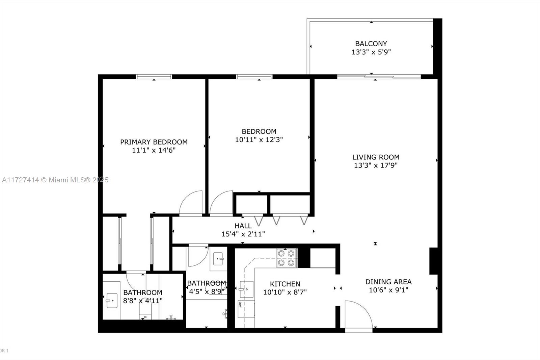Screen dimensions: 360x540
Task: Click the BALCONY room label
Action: click(x=371, y=44)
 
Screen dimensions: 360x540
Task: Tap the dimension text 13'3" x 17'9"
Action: click(x=376, y=165)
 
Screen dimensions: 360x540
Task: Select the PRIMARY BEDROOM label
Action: click(x=154, y=142)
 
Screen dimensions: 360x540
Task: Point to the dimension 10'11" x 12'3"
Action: click(x=259, y=139)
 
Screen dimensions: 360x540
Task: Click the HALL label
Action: click(x=243, y=226)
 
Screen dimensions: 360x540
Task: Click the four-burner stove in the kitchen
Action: click(x=287, y=258)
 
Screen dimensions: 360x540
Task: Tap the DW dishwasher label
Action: click(x=240, y=304)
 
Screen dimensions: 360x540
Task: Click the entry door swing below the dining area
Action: click(x=358, y=314)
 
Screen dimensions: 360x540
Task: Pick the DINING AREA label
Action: click(x=388, y=282)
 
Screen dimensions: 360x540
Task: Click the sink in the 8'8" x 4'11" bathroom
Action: click(x=112, y=300)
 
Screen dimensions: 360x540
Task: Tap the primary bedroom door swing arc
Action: click(x=191, y=203)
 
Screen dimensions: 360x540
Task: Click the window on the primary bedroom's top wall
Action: click(x=154, y=77)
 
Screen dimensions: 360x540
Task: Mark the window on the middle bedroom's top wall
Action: click(x=254, y=77)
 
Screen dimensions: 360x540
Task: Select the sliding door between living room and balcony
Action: click(x=379, y=77)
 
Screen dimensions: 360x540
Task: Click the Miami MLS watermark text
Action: click(x=55, y=180)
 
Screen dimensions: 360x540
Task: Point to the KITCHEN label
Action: click(x=285, y=284)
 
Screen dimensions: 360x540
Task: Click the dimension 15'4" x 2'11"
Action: click(x=243, y=234)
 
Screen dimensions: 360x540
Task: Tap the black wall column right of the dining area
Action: click(x=433, y=261)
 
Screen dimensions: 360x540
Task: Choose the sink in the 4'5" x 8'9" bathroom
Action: click(x=218, y=259)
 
